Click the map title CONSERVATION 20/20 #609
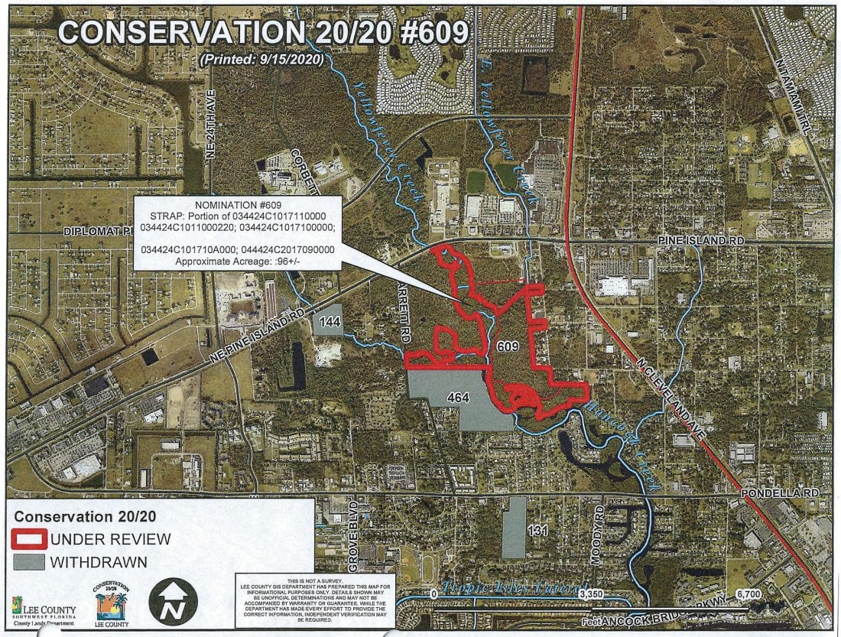[x=264, y=32]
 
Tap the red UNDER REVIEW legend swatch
[x=30, y=539]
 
